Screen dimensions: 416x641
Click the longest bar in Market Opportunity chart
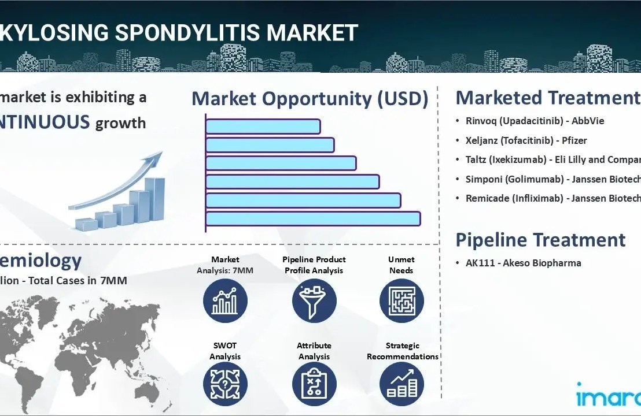pos(312,218)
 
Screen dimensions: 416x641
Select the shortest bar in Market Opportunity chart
pos(263,126)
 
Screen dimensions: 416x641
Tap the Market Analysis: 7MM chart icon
pos(225,300)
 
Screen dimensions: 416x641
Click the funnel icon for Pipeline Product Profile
pos(314,300)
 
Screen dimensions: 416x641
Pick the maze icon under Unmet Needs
pos(401,300)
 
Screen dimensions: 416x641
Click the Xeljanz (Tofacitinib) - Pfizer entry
pos(526,140)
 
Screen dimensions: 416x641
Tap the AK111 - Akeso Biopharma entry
pos(523,263)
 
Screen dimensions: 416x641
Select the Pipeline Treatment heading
pos(540,240)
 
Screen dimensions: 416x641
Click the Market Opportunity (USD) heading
pos(310,99)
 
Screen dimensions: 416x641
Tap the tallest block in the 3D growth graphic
pos(155,199)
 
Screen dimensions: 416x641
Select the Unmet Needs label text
pos(401,265)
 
